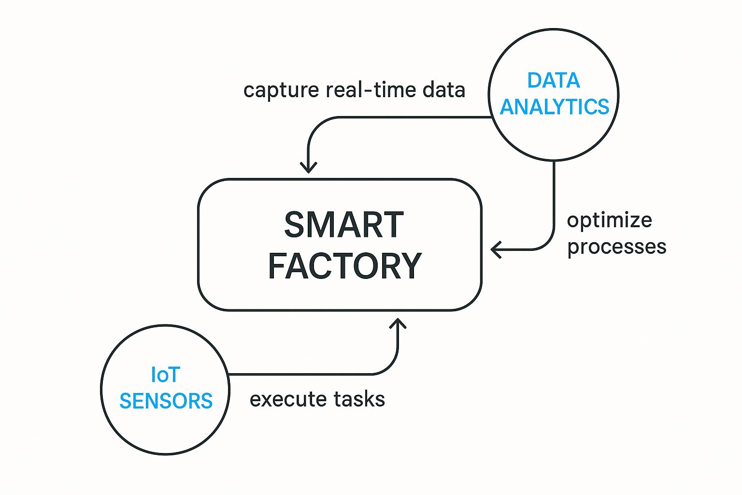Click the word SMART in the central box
(343, 225)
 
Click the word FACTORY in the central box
(345, 266)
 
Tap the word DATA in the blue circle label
(553, 81)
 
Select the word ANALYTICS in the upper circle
(555, 107)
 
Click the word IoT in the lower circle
(165, 375)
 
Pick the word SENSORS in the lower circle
(166, 401)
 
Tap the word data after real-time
(443, 90)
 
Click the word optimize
(609, 220)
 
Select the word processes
(616, 247)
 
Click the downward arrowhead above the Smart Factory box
(308, 168)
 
